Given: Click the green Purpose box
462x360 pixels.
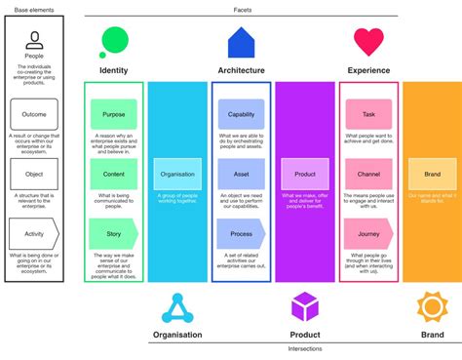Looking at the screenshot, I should [114, 114].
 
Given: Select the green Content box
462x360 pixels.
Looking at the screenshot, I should [114, 174].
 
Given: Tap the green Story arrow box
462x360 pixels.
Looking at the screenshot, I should [114, 234].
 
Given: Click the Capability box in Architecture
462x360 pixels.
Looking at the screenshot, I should [241, 114].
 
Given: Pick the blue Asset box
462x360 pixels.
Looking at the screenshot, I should [241, 174].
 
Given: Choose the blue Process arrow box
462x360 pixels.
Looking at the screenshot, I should [241, 234].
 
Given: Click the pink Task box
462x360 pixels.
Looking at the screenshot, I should [368, 114].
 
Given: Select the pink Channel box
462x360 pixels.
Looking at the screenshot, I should [368, 174].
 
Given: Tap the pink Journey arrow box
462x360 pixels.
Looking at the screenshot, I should [368, 234].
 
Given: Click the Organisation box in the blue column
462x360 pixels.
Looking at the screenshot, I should [177, 174].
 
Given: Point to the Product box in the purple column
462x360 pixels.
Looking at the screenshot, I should [305, 174].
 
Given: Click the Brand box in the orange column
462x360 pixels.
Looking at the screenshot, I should [432, 174].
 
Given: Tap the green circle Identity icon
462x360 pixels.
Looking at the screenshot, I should [114, 41].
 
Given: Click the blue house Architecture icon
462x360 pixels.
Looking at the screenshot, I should [241, 42].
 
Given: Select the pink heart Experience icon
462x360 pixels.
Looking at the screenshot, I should [368, 42].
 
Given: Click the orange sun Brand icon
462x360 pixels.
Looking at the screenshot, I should [432, 307].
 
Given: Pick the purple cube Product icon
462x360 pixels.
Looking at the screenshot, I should [305, 307].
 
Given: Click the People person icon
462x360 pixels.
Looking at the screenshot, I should [34, 40].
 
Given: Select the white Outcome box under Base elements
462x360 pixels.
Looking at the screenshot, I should [34, 114].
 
